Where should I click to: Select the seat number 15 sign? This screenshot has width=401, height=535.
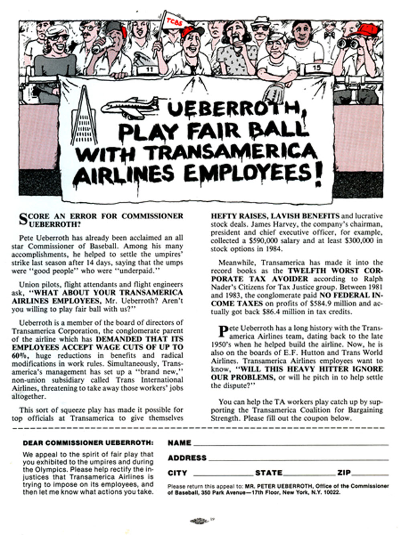pos(316,68)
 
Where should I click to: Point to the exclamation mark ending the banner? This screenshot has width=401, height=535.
pos(318,175)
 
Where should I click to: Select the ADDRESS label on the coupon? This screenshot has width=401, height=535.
pos(187,458)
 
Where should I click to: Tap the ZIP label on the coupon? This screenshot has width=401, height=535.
pos(344,473)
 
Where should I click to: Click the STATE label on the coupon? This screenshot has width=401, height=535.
pos(268,473)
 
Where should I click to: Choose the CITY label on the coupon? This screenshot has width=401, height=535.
pos(177,473)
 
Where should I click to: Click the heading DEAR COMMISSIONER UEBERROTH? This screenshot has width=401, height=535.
pos(88,443)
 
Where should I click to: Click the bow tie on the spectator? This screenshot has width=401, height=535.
pos(330,35)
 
